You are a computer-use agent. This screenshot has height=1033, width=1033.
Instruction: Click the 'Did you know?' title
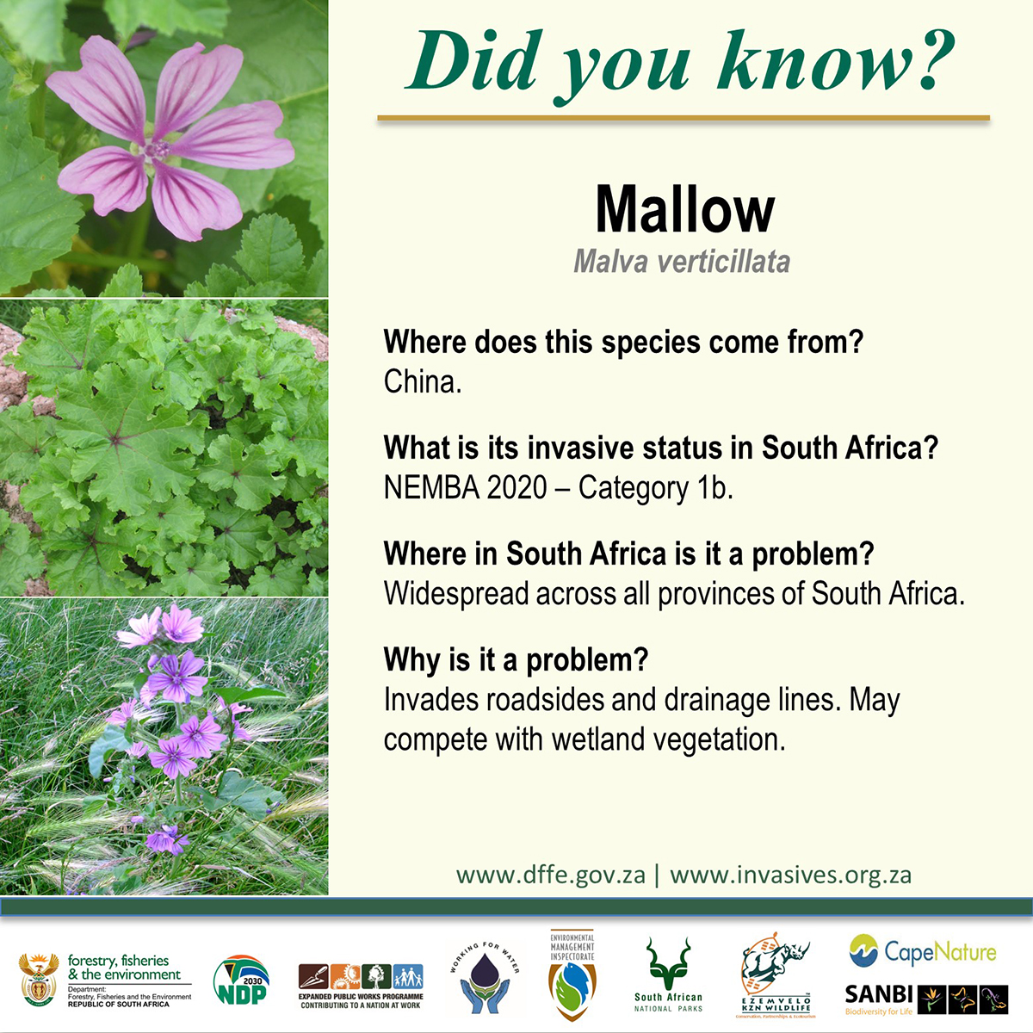tap(680, 62)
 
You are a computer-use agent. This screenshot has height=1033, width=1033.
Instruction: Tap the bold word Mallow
tap(684, 210)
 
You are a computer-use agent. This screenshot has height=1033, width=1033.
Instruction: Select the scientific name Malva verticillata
tap(682, 262)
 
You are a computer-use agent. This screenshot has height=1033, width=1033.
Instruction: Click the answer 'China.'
tap(423, 382)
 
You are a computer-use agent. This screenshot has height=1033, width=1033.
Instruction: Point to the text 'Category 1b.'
tap(655, 488)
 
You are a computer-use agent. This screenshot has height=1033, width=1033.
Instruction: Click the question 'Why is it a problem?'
tap(516, 660)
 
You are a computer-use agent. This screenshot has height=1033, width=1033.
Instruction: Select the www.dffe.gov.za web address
tap(551, 875)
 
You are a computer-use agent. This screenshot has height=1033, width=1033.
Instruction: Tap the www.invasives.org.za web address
tap(790, 875)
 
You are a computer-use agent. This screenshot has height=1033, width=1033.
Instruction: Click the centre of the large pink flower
tap(157, 150)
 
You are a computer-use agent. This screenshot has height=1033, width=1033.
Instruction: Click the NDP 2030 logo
tap(241, 981)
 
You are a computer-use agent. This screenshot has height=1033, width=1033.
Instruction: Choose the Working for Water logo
tap(484, 977)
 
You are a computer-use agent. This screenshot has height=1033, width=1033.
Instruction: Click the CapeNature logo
tap(922, 951)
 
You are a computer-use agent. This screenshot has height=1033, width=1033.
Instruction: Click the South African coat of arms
tap(38, 980)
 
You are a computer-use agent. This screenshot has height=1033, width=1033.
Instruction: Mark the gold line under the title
tap(684, 118)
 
